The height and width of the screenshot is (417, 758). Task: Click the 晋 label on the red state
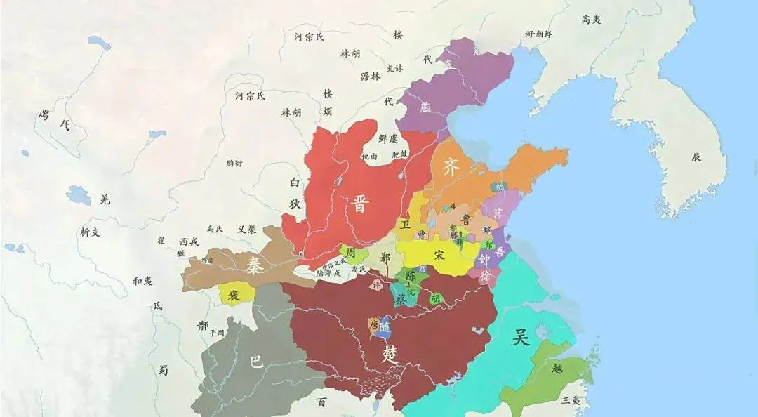click(360, 204)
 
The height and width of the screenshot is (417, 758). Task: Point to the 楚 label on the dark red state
click(390, 353)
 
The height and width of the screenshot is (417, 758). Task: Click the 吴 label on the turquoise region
click(520, 338)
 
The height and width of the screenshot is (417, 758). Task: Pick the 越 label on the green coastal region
click(557, 367)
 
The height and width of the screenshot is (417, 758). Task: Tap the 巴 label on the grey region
click(257, 362)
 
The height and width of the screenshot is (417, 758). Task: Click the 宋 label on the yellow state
click(440, 256)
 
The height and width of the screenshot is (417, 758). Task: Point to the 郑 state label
click(385, 257)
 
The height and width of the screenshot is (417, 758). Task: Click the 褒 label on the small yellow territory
click(234, 295)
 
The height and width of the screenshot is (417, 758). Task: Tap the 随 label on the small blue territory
click(385, 326)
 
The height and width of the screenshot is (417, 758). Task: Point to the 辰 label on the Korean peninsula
click(696, 157)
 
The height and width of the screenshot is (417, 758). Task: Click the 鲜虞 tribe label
click(387, 139)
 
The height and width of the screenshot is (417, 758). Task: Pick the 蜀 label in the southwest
click(163, 370)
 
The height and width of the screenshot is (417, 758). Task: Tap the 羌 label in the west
click(105, 199)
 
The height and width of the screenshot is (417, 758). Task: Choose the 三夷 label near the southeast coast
click(570, 400)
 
